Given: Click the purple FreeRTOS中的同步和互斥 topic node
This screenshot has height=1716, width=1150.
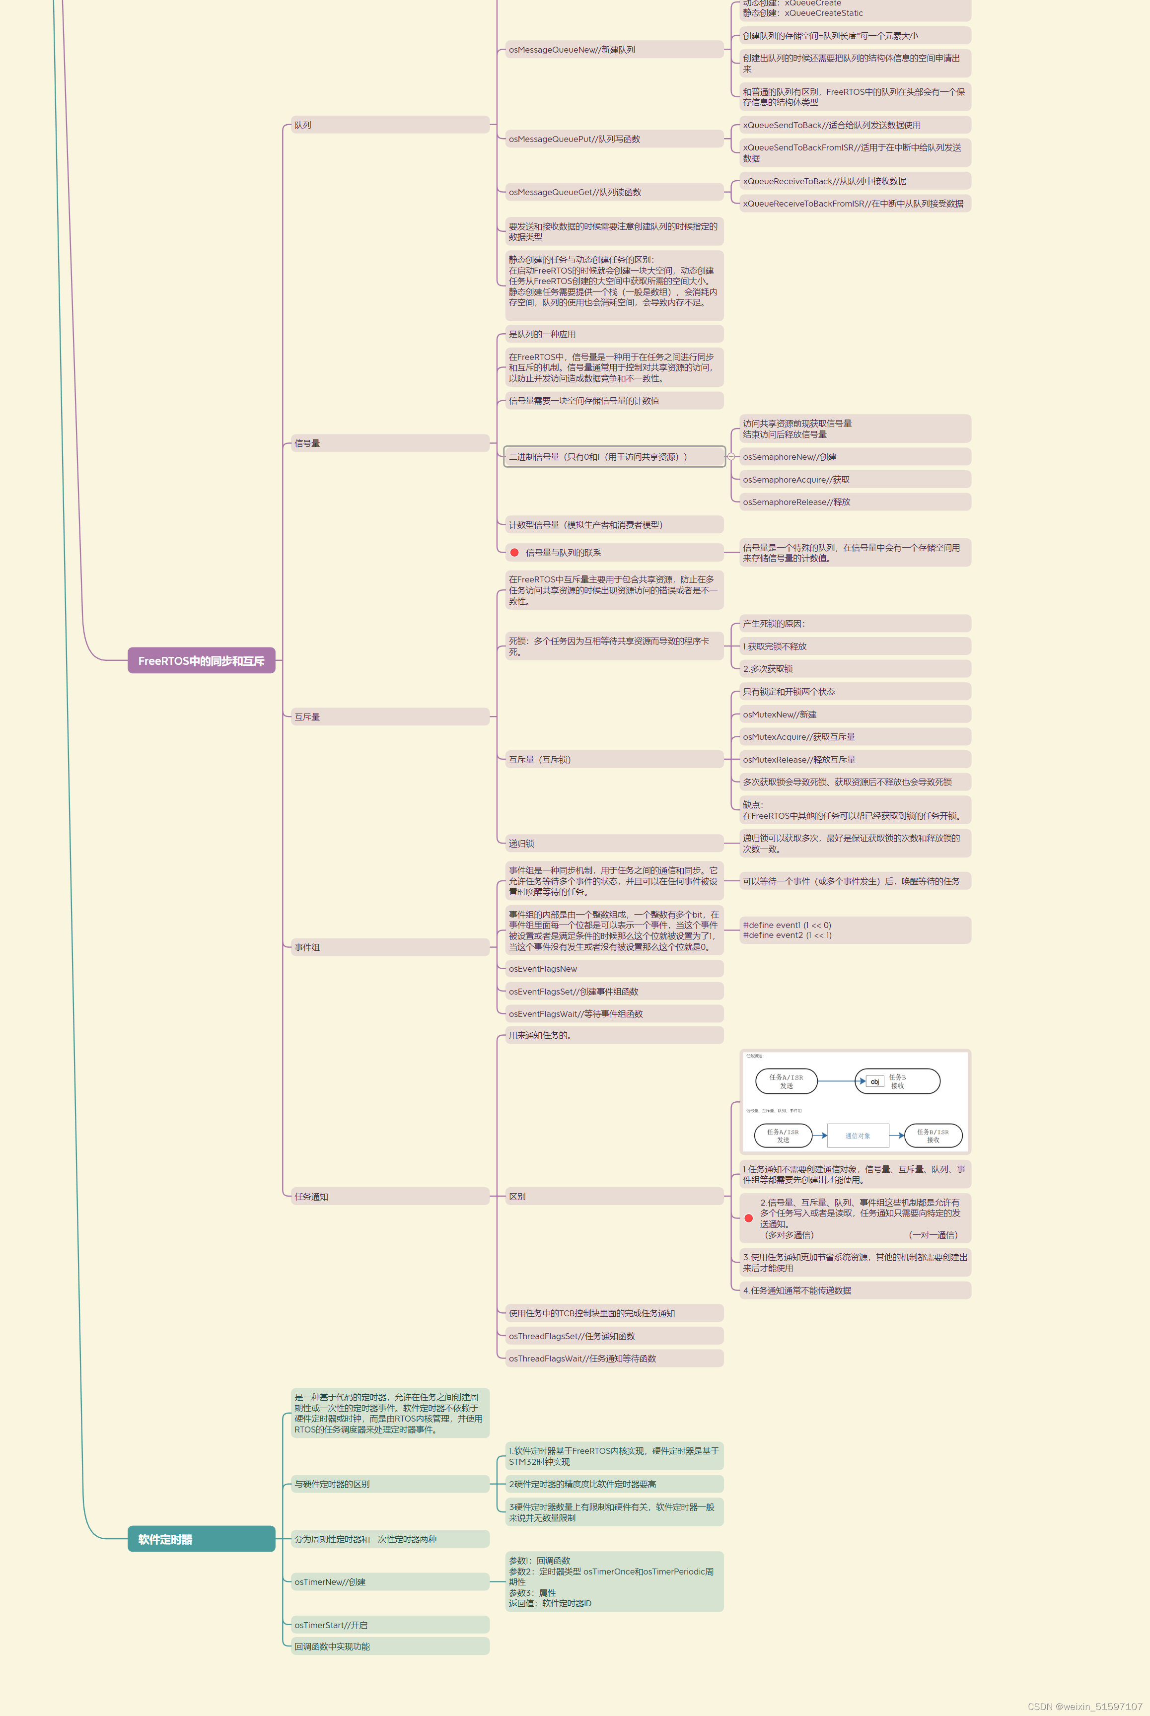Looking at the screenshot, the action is pyautogui.click(x=201, y=661).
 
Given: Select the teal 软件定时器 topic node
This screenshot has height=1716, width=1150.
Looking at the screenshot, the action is pyautogui.click(x=201, y=1539).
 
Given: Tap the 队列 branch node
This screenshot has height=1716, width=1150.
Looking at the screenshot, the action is pyautogui.click(x=389, y=126).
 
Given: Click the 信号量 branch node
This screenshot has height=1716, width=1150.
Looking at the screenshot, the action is pyautogui.click(x=389, y=443).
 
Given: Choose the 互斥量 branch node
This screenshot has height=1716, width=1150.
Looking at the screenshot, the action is pyautogui.click(x=389, y=716).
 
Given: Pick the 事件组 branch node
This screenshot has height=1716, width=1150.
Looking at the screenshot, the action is pyautogui.click(x=389, y=947).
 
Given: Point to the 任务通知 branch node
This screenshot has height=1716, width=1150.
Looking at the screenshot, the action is pyautogui.click(x=389, y=1197).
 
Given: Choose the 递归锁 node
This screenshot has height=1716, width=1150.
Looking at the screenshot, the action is pyautogui.click(x=613, y=843).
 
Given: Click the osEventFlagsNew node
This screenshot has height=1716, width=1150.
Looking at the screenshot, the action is pyautogui.click(x=613, y=969).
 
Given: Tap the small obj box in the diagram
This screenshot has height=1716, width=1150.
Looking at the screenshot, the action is pyautogui.click(x=874, y=1081).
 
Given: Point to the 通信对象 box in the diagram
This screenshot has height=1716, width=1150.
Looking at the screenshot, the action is pyautogui.click(x=858, y=1136).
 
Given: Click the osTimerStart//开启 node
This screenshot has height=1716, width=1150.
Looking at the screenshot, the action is pyautogui.click(x=389, y=1626).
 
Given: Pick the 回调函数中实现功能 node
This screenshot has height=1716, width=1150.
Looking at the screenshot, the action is pyautogui.click(x=389, y=1647).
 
